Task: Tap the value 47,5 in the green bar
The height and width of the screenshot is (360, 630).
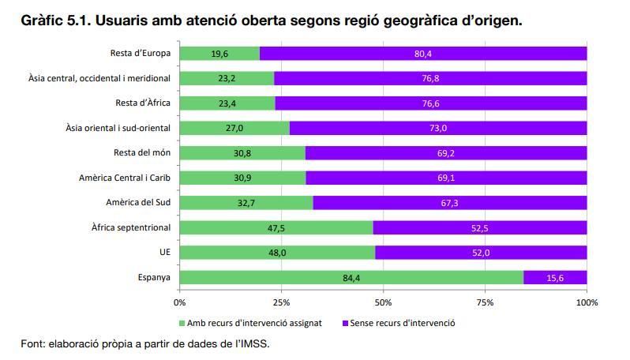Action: pos(276,228)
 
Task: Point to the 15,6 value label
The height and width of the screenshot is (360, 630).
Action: pos(555,277)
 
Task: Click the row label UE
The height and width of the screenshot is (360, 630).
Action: pos(165,253)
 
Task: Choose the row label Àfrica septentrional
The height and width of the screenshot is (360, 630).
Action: pos(130,228)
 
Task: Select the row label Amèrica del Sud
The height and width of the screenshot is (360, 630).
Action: pos(138,203)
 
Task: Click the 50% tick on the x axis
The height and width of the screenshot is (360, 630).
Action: pos(383,302)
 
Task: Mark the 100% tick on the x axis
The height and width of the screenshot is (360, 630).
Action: pos(587,302)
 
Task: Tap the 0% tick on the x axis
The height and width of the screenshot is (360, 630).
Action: pos(180,302)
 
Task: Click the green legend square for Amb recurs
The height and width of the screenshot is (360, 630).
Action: pos(182,323)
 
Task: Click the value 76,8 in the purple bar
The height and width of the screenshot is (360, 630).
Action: pos(431,78)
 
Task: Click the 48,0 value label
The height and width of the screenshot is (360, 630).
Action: pos(277,253)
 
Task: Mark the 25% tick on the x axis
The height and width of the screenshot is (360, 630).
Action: pos(281,302)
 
